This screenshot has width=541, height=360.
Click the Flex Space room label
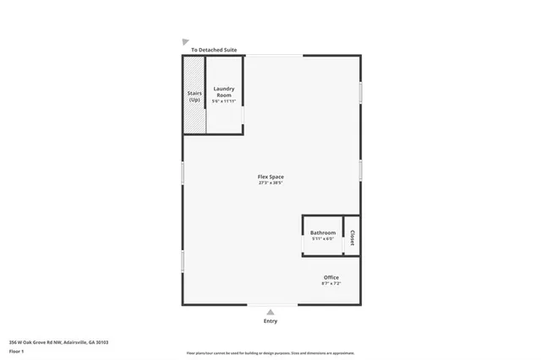coord(270,177)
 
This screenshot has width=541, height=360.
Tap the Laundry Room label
coord(223,91)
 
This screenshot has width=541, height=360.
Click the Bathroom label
coord(323,233)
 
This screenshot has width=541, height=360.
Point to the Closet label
coord(352,237)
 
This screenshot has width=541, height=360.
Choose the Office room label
coord(331,277)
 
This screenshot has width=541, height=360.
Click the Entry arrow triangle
coord(270,312)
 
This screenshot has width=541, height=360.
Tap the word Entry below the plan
coord(270,321)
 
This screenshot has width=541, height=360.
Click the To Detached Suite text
coord(214,50)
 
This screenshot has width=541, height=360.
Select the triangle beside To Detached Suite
coord(185,41)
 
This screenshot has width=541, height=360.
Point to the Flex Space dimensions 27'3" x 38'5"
coord(270,183)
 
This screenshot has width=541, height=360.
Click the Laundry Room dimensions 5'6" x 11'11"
coord(223,101)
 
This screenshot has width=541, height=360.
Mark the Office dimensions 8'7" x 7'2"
coord(331,284)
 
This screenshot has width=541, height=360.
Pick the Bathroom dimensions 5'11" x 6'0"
coord(323,239)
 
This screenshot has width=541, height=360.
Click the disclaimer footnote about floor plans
coord(270,353)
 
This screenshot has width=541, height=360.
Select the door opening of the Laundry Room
coord(243,114)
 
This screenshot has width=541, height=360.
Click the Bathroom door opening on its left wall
coord(303,243)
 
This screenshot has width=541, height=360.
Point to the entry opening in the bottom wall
coord(270,305)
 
